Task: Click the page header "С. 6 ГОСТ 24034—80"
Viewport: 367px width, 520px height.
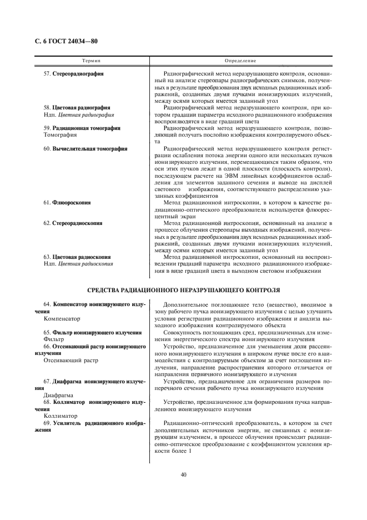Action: tap(62, 42)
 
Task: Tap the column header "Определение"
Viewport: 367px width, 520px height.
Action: tap(240, 59)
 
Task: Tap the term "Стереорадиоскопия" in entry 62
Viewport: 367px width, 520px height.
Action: tap(77, 223)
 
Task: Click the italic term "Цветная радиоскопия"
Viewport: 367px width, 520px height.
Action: tap(86, 264)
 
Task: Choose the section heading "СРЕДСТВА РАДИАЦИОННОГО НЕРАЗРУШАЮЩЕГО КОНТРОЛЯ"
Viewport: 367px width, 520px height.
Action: tap(184, 290)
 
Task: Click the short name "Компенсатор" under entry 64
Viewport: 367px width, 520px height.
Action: tap(62, 319)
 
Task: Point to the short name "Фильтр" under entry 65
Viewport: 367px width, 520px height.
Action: tap(54, 339)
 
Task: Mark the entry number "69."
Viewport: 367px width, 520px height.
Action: tap(47, 423)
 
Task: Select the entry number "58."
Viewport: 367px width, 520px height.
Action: tap(47, 108)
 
